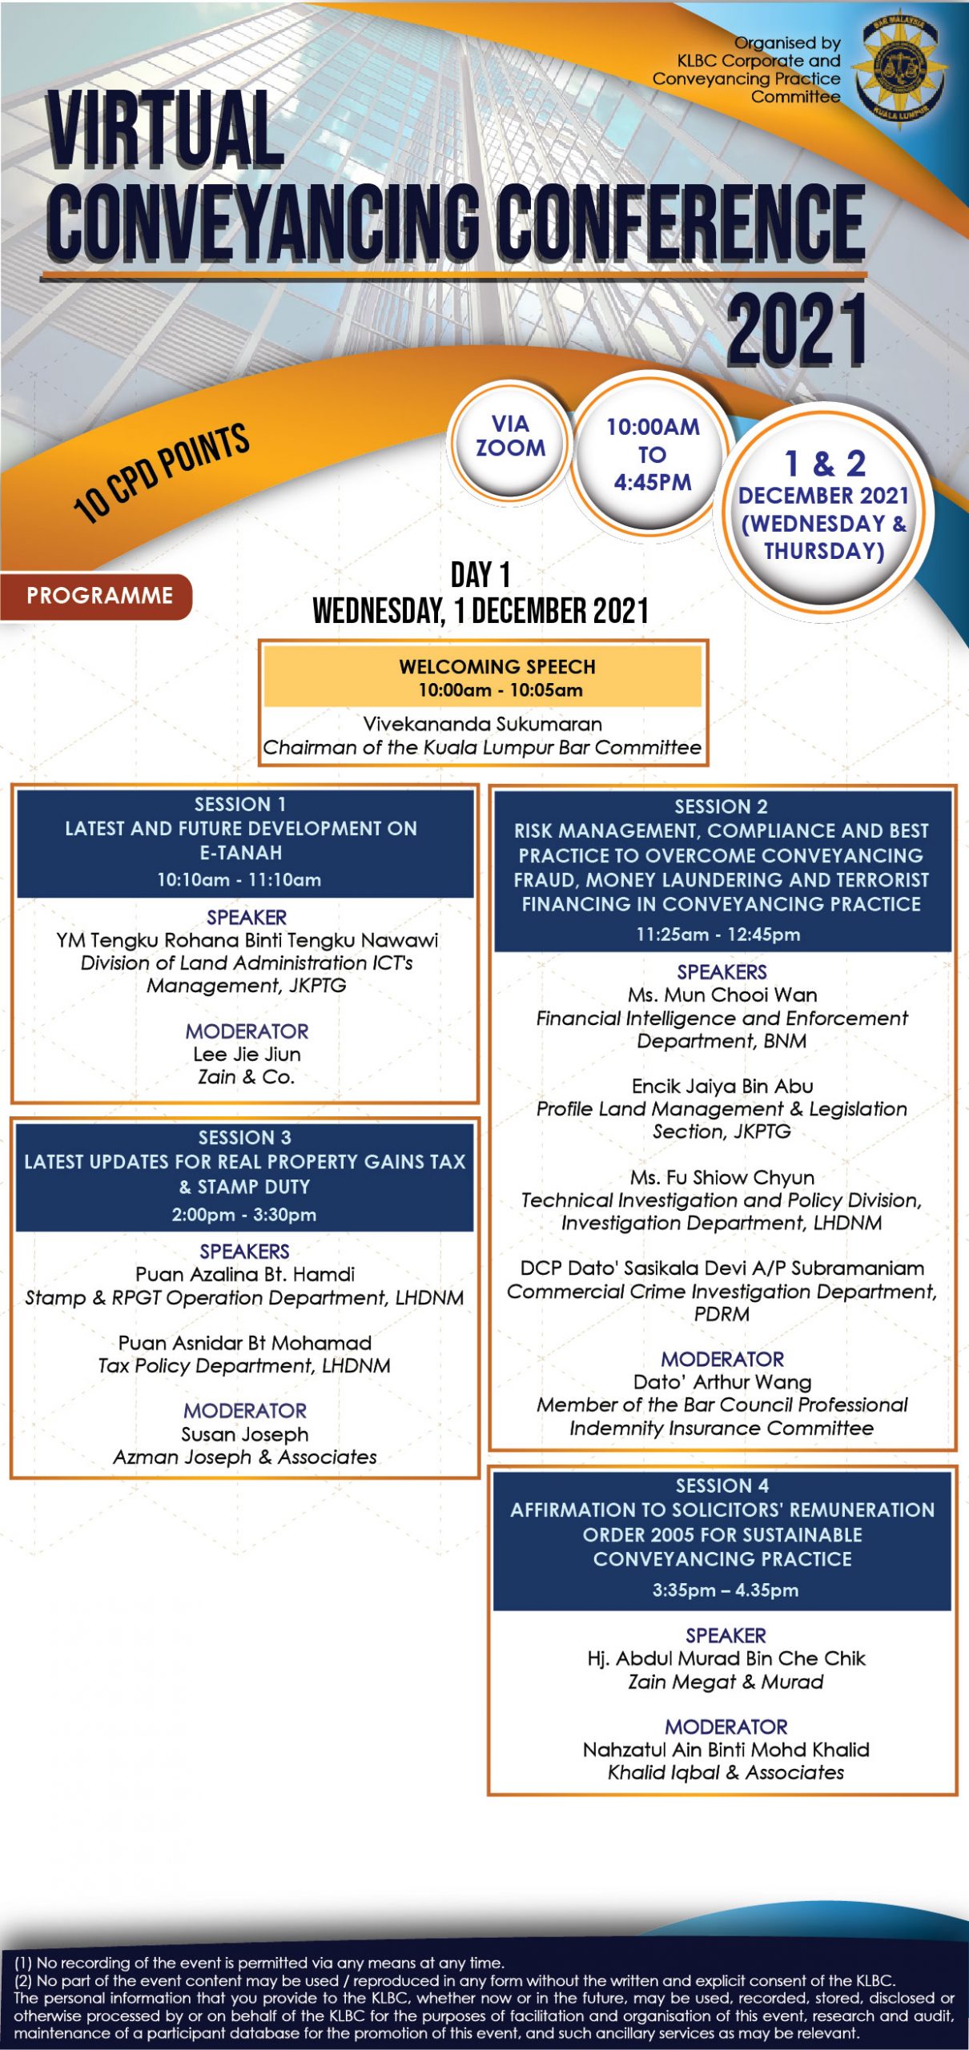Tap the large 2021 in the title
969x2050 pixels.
pos(796,330)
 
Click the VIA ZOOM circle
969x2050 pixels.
pos(510,436)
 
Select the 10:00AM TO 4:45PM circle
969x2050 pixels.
pos(652,454)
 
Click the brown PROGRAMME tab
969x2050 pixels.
pos(99,596)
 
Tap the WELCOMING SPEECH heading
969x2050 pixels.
pos(497,666)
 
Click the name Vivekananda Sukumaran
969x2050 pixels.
pos(482,724)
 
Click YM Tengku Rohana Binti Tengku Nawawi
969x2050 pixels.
pos(247,940)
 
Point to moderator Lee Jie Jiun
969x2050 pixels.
pos(247,1054)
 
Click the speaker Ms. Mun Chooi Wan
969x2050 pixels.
pos(722,995)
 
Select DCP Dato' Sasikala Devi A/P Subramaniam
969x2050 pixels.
pos(722,1268)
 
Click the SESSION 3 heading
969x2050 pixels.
pos(244,1137)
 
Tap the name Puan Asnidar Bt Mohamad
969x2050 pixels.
pos(244,1342)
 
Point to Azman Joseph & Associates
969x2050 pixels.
pos(244,1457)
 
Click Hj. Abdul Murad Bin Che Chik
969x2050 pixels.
pos(726,1658)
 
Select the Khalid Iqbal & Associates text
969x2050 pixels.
pos(726,1772)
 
